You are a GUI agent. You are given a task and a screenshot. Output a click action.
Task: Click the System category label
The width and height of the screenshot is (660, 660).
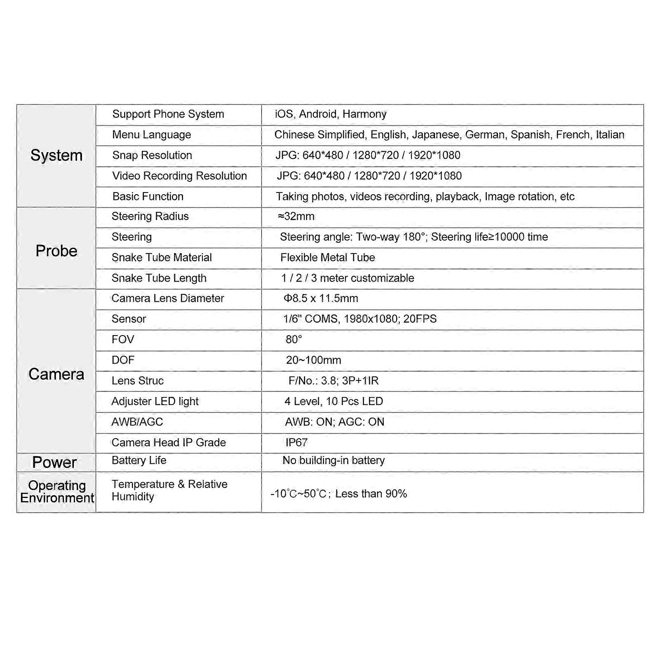click(56, 155)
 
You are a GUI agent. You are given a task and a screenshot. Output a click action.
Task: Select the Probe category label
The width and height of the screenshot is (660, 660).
click(56, 251)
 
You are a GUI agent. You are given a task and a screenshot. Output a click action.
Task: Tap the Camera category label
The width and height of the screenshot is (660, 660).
click(56, 374)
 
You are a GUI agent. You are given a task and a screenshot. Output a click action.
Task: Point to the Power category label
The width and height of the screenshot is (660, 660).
click(54, 462)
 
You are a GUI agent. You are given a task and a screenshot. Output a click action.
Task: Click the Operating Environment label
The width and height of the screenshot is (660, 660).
click(57, 491)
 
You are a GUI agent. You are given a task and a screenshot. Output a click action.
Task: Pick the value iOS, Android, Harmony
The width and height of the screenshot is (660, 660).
click(331, 114)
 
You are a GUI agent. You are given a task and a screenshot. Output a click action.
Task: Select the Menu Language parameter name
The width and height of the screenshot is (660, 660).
click(151, 135)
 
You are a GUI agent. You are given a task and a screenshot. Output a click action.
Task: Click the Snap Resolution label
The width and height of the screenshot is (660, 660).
click(152, 155)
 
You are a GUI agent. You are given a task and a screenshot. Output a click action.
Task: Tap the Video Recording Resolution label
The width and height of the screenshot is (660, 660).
click(179, 176)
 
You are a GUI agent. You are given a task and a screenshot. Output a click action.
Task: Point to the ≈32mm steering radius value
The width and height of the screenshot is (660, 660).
click(296, 216)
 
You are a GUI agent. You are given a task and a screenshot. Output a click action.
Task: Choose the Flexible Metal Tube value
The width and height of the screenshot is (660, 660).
click(327, 258)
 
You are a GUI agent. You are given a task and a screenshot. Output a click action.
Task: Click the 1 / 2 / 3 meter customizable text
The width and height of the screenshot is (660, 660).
click(348, 278)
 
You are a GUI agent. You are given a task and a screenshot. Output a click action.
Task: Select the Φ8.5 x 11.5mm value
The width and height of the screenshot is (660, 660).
click(321, 298)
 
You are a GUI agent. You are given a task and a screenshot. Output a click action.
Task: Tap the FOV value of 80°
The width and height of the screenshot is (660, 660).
click(294, 339)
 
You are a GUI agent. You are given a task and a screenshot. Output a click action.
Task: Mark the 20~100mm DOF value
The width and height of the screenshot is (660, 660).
click(313, 360)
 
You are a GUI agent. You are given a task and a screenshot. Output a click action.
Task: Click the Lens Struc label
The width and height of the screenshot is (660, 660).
click(137, 380)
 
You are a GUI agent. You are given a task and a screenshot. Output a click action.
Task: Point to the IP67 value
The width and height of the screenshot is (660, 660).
click(296, 442)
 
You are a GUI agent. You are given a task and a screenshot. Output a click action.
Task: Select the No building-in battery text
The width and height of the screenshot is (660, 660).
click(333, 460)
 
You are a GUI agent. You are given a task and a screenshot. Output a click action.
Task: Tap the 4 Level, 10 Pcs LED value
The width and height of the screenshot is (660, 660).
click(334, 401)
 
